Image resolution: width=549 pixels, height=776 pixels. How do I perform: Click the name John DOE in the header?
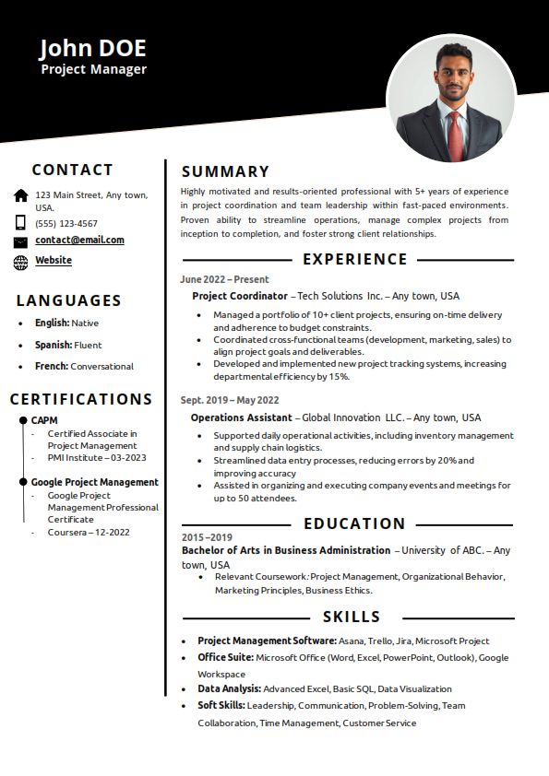(x=92, y=48)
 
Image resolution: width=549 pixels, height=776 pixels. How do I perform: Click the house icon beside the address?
(x=21, y=195)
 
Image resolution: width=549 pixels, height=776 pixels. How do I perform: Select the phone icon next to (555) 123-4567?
(x=21, y=222)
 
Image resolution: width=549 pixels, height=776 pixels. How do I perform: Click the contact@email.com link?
(x=79, y=241)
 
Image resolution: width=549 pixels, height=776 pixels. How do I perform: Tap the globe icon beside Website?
(x=21, y=262)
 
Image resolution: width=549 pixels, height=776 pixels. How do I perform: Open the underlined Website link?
(x=54, y=261)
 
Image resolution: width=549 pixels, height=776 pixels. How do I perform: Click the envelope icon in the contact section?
(x=21, y=241)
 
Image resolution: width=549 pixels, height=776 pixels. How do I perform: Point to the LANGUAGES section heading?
(x=69, y=300)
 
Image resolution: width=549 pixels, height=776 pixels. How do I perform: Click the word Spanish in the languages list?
(x=53, y=345)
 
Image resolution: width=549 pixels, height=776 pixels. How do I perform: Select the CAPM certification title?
(x=44, y=420)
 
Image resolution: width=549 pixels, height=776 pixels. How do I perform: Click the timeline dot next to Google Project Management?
(x=23, y=482)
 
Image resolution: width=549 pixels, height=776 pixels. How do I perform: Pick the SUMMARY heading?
(x=225, y=171)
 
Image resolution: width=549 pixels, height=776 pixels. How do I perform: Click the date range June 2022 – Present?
(x=224, y=279)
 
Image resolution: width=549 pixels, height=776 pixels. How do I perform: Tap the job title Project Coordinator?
(x=240, y=296)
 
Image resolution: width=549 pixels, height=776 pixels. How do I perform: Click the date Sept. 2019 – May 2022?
(x=230, y=400)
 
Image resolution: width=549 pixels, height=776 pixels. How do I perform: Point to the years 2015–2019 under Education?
(x=207, y=537)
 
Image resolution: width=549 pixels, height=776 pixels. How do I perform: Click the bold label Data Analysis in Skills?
(x=229, y=688)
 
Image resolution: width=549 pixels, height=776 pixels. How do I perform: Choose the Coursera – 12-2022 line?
(x=89, y=532)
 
